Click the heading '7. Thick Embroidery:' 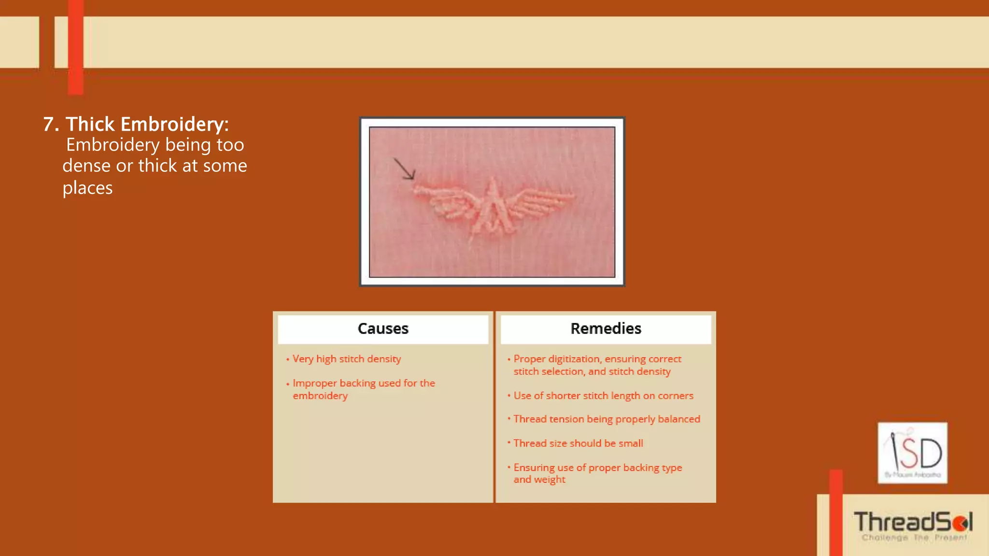point(136,124)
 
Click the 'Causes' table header point(383,329)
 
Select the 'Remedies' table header point(606,329)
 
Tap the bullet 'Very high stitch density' point(347,359)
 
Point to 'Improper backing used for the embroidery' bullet point(364,389)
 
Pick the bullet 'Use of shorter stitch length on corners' point(603,396)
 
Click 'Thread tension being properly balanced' point(607,419)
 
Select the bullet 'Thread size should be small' point(578,443)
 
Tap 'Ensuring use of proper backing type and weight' point(597,473)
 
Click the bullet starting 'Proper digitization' point(597,365)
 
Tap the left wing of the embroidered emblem point(445,203)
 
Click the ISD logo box point(912,453)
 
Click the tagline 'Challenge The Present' point(914,538)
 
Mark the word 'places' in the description point(87,188)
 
